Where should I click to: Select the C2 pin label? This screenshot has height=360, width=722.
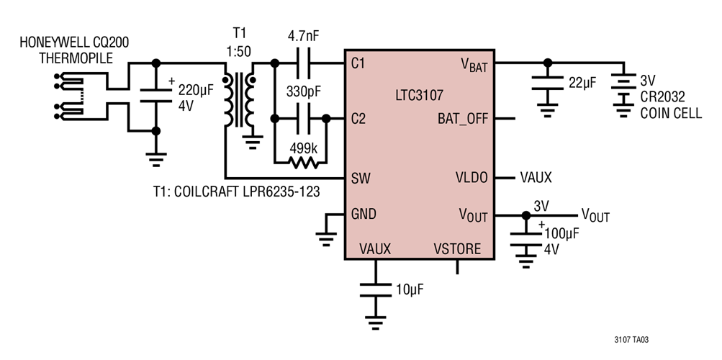(358, 119)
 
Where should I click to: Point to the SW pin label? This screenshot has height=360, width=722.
(359, 177)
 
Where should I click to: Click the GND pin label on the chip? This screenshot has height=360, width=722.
(363, 214)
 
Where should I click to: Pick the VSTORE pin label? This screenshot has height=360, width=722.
(457, 248)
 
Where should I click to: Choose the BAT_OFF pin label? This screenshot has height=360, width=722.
(462, 118)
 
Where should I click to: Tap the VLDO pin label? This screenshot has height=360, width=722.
(472, 177)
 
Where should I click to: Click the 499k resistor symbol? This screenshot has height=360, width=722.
(300, 163)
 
